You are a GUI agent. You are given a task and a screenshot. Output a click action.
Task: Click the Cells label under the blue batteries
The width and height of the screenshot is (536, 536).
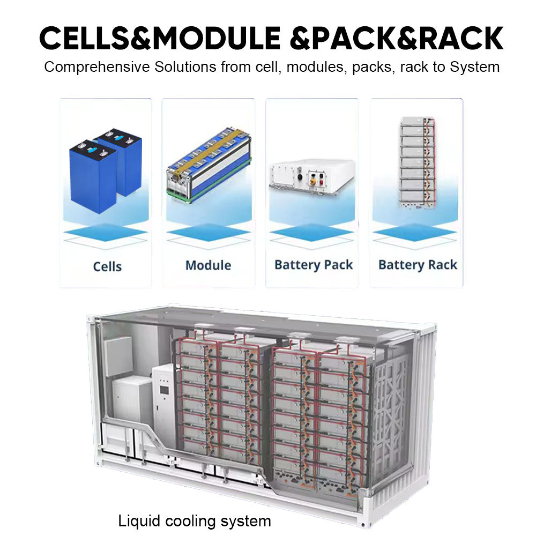107,266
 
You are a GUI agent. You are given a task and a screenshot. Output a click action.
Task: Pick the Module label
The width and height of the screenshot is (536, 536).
208,265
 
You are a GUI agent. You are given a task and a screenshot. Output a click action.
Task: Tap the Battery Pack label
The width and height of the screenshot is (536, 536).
314,265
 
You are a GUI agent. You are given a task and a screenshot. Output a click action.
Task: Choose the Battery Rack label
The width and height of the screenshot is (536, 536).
418,265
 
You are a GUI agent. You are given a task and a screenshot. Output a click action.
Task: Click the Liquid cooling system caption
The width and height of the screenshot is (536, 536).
195,520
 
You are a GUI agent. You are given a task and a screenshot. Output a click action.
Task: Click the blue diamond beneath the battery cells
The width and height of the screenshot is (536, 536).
105,233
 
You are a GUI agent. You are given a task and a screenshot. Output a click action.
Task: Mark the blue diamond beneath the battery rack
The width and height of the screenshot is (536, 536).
415,233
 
